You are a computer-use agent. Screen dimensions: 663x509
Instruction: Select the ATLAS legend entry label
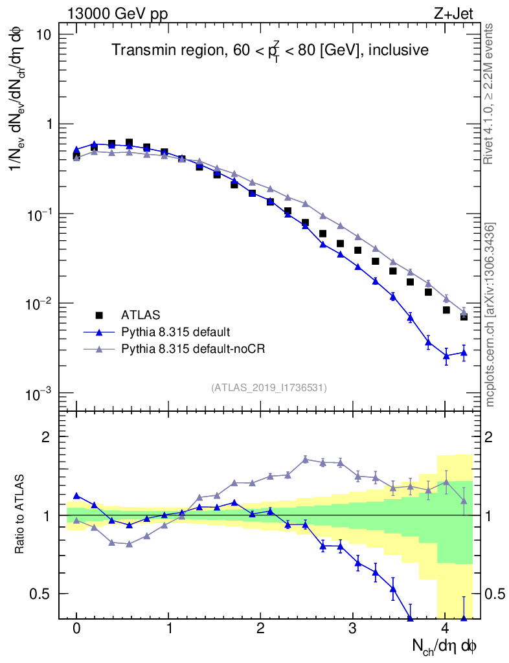(138, 315)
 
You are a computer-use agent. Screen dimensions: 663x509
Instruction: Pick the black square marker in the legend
(99, 315)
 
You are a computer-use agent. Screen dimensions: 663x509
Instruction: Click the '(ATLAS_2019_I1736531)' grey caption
(269, 388)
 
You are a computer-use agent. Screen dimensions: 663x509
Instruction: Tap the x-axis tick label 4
(445, 629)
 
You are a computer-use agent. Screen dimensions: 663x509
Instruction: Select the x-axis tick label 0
(76, 629)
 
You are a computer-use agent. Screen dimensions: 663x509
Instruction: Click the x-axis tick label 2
(261, 629)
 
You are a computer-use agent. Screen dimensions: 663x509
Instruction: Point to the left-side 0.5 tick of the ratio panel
(44, 594)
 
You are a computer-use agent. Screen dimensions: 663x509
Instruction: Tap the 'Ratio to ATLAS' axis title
(20, 515)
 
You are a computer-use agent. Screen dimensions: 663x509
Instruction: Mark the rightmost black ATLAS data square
(464, 317)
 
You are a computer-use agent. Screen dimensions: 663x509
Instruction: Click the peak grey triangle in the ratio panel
(306, 460)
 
